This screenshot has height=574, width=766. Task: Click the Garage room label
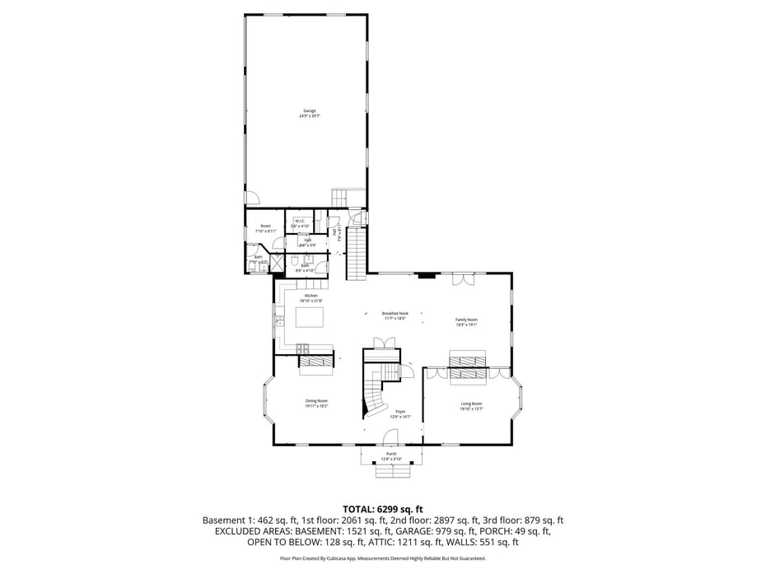pyautogui.click(x=309, y=113)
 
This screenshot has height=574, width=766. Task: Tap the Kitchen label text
pyautogui.click(x=311, y=298)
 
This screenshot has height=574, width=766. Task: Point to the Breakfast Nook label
pyautogui.click(x=395, y=315)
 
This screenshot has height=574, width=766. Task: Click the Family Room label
pyautogui.click(x=466, y=321)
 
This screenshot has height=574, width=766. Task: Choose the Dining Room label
pyautogui.click(x=316, y=403)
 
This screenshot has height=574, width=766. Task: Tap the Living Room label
pyautogui.click(x=471, y=405)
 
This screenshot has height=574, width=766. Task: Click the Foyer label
pyautogui.click(x=400, y=413)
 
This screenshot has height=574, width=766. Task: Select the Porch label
pyautogui.click(x=391, y=455)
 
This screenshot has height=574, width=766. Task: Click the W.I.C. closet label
pyautogui.click(x=300, y=222)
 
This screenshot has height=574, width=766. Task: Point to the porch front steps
pyautogui.click(x=391, y=472)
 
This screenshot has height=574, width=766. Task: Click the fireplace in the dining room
pyautogui.click(x=315, y=362)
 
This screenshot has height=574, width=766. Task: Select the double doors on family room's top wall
pyautogui.click(x=463, y=280)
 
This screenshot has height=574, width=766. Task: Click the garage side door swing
pyautogui.click(x=254, y=198)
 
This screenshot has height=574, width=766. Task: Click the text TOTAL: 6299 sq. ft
pyautogui.click(x=382, y=509)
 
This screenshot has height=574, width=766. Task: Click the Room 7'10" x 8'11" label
pyautogui.click(x=265, y=228)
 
